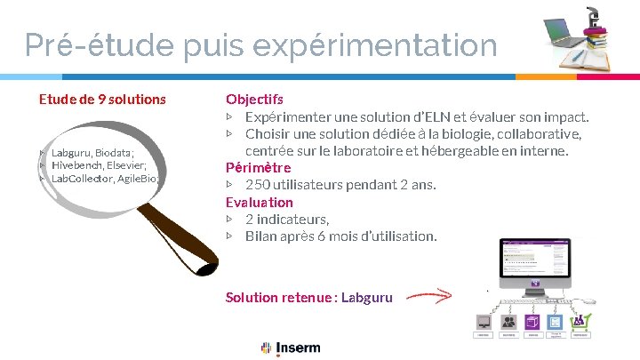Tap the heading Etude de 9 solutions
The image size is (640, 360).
102,99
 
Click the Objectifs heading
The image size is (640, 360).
254,99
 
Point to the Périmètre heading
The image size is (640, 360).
258,167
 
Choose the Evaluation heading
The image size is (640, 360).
259,202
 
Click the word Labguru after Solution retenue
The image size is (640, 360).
366,297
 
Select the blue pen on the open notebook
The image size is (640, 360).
579,56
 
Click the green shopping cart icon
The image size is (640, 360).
579,321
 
